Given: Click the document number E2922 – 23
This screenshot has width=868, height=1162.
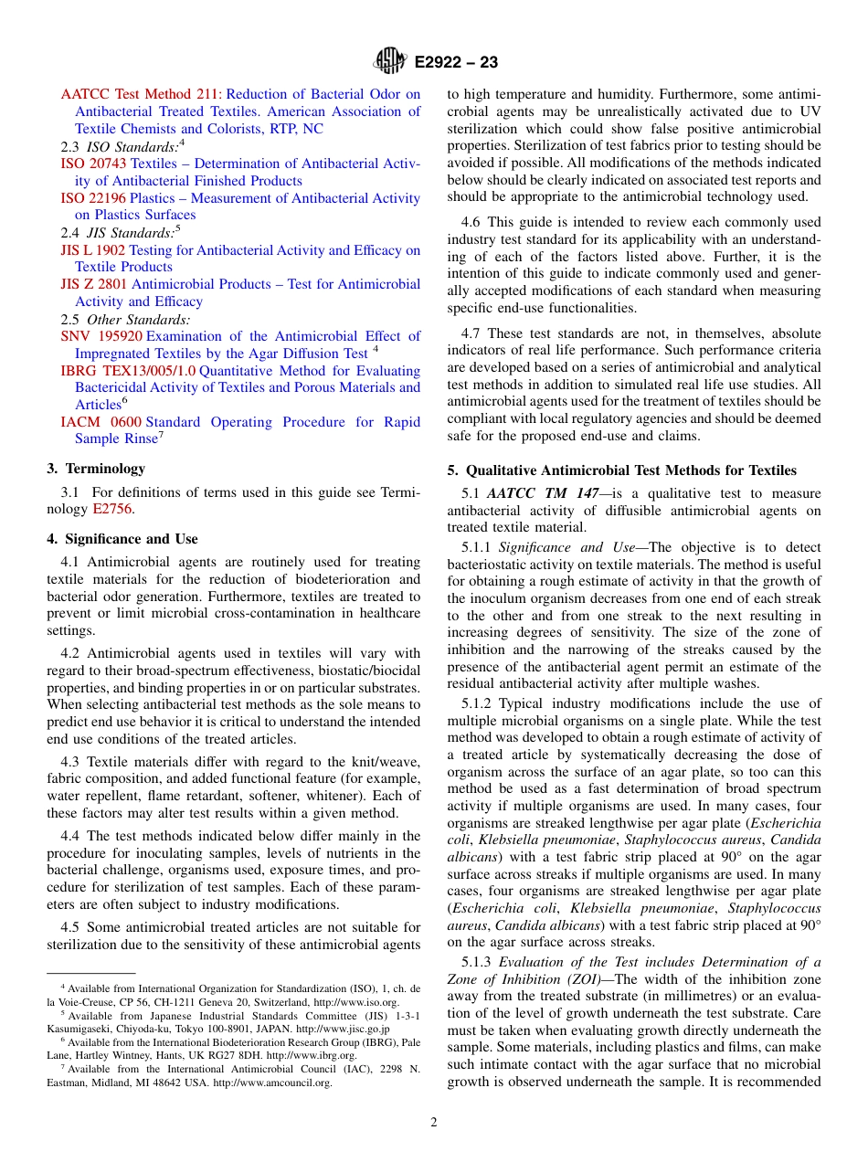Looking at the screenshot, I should [x=456, y=63].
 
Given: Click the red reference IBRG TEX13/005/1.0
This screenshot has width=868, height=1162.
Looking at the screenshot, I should [x=128, y=371].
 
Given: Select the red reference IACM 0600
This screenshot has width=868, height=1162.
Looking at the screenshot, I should [x=101, y=422].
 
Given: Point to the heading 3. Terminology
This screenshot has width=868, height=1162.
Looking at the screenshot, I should [x=96, y=469].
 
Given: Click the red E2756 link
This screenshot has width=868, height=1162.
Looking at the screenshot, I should [x=113, y=510].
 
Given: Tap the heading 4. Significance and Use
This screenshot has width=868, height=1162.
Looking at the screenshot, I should [x=122, y=539].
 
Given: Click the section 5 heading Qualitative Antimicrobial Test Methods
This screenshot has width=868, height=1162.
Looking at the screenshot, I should [x=621, y=470].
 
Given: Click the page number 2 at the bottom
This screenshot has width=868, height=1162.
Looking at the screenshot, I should [x=434, y=1123].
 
